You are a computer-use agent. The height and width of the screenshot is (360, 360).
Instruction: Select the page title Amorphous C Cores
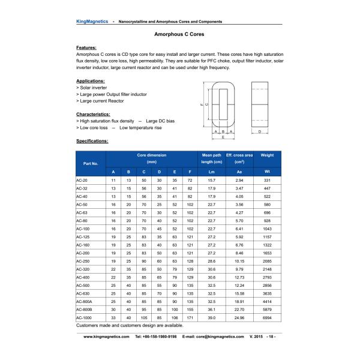click(179, 35)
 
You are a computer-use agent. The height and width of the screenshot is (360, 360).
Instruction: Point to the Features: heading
click(86, 47)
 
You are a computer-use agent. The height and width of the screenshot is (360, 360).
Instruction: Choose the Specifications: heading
click(92, 141)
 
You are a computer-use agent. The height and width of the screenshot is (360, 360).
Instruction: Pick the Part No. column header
click(91, 163)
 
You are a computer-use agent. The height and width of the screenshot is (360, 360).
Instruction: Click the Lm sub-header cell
click(211, 172)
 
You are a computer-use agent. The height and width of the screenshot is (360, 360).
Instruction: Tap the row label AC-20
click(82, 180)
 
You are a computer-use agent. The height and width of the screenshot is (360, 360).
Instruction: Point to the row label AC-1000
click(84, 317)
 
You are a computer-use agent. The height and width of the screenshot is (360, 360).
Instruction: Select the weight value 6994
click(267, 317)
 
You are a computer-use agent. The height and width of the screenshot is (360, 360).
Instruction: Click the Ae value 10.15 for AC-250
click(239, 262)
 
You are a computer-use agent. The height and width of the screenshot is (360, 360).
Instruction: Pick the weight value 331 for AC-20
click(267, 180)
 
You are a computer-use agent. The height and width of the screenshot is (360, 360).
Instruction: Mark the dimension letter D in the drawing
click(259, 130)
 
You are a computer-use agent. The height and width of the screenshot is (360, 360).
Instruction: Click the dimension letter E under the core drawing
click(223, 137)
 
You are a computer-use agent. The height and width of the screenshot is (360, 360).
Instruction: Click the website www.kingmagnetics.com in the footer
click(106, 337)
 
